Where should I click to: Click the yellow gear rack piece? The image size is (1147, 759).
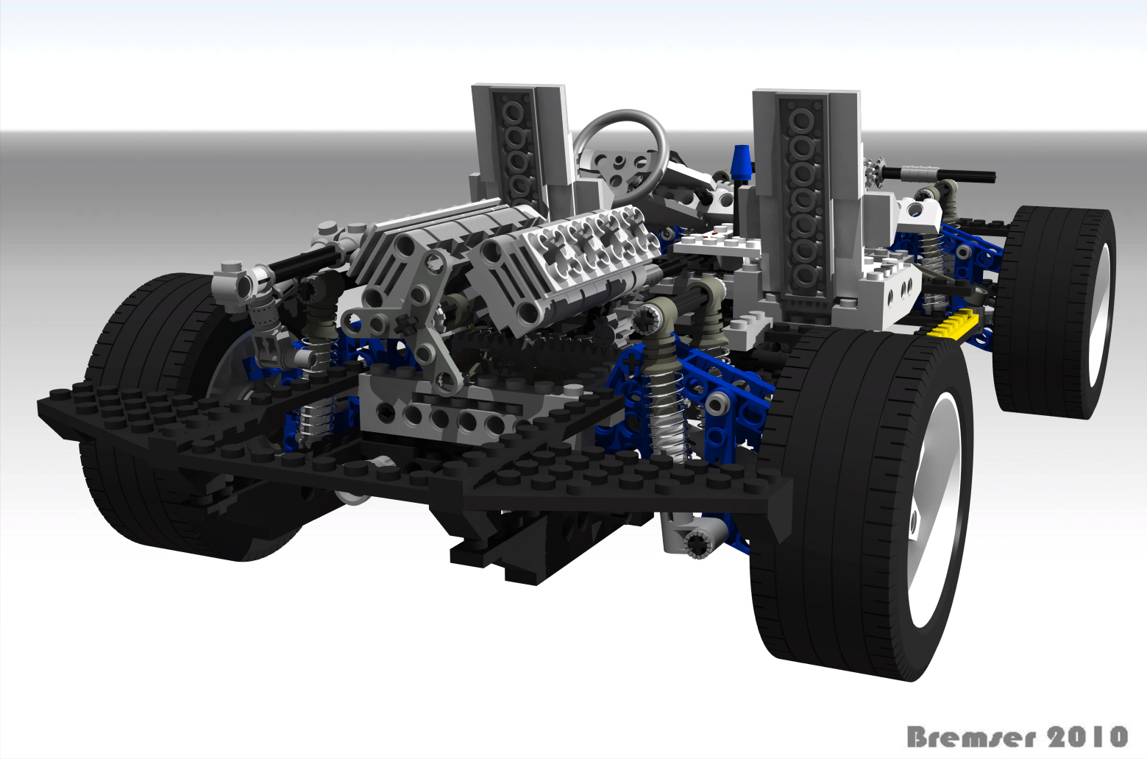954,323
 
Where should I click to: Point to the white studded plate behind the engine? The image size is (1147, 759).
717,242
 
